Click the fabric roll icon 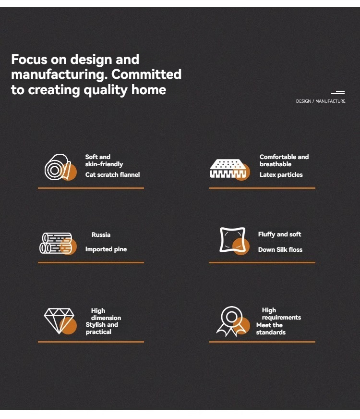tap(60, 167)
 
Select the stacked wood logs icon tap(58, 244)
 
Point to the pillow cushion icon tap(234, 241)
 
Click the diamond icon tap(60, 321)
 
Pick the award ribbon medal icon tap(233, 321)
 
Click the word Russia tap(101, 234)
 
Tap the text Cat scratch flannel tap(112, 174)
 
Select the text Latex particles tap(281, 174)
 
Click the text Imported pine tap(106, 249)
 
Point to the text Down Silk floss tap(280, 249)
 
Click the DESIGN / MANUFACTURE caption tap(321, 101)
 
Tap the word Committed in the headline tap(146, 74)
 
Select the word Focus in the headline tap(29, 59)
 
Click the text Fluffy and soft tap(279, 234)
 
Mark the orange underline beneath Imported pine tap(91, 262)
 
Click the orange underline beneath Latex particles tap(263, 188)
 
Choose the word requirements tap(281, 318)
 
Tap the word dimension tap(106, 318)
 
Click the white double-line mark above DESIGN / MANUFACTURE tap(338, 92)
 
